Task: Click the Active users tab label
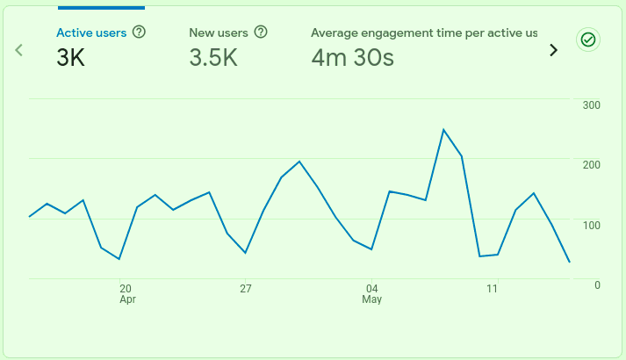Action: click(91, 32)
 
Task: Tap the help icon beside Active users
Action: click(139, 32)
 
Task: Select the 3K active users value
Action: click(72, 58)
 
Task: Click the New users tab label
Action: click(219, 32)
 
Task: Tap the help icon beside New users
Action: click(261, 32)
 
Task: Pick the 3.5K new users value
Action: click(214, 58)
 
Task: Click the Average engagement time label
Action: click(424, 32)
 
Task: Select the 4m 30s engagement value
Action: click(352, 58)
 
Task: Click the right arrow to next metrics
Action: click(553, 50)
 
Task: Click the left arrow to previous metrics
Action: click(18, 49)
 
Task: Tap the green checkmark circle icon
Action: click(588, 40)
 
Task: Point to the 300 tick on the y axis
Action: click(591, 105)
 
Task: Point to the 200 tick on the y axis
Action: click(591, 165)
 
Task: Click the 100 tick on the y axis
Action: click(591, 225)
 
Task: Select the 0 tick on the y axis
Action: click(597, 284)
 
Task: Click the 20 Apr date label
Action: click(126, 293)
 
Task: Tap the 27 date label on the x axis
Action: click(246, 288)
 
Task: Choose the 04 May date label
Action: click(371, 293)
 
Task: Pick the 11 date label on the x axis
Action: click(492, 288)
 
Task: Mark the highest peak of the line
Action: click(444, 130)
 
